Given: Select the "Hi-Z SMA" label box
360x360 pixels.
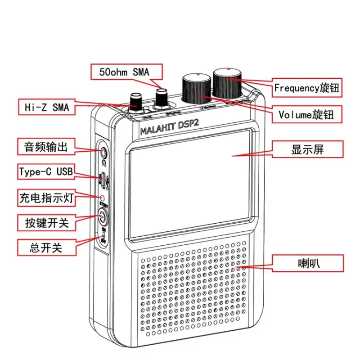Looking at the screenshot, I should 44,108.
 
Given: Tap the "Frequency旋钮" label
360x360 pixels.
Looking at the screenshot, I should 307,88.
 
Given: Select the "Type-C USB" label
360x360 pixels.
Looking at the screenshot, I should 46,171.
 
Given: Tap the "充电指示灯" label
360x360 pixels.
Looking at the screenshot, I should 46,197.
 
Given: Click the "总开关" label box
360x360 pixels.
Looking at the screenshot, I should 46,246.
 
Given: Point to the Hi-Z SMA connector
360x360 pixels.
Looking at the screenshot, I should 135,102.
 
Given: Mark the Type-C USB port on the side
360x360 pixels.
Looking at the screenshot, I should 103,179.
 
